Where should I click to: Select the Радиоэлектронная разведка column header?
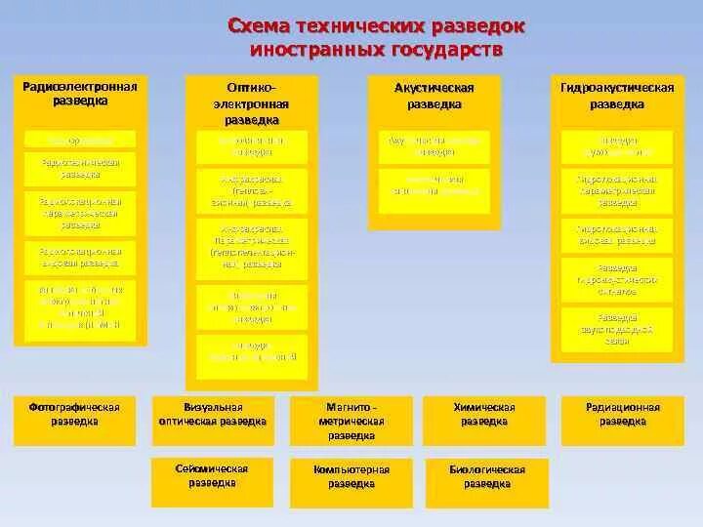(81, 94)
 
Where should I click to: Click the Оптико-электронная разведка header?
(252, 101)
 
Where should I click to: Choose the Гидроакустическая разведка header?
(617, 96)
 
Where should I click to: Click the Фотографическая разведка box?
(75, 415)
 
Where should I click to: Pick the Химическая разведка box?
(484, 415)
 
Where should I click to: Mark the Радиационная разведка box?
(623, 415)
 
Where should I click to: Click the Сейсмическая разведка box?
(212, 476)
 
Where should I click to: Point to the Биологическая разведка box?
(487, 476)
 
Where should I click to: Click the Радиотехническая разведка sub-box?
(80, 168)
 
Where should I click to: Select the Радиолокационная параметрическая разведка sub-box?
(80, 212)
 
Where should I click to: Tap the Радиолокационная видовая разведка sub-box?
(80, 256)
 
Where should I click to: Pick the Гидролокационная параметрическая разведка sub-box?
(617, 191)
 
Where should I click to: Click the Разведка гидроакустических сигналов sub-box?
(617, 279)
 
